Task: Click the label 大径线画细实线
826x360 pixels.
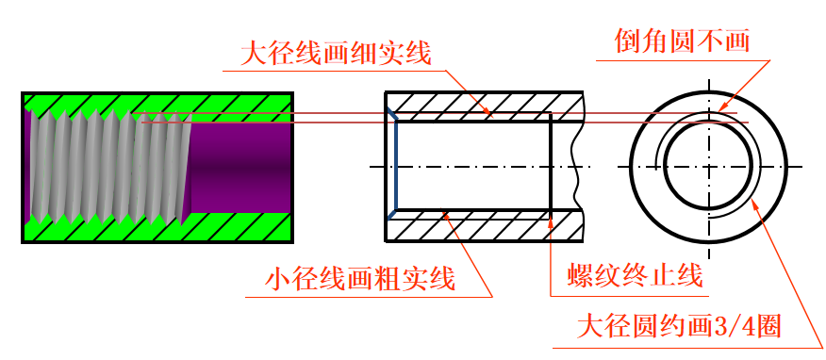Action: click(x=336, y=54)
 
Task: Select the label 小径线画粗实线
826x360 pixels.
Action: click(x=360, y=280)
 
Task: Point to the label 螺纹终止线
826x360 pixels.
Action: click(x=635, y=275)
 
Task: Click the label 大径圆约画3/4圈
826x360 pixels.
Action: click(x=679, y=327)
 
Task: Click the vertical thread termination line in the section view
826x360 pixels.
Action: click(x=551, y=166)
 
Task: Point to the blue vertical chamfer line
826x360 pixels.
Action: click(x=396, y=166)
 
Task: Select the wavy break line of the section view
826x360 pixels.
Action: click(x=578, y=166)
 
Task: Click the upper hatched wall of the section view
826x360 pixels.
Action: click(x=485, y=106)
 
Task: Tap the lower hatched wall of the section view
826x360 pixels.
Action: click(x=485, y=226)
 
